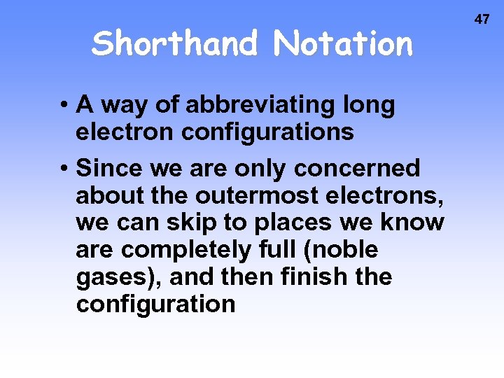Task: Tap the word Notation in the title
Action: (x=344, y=43)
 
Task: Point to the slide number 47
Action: (x=482, y=19)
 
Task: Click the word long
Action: (x=368, y=106)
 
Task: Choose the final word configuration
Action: (x=155, y=304)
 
